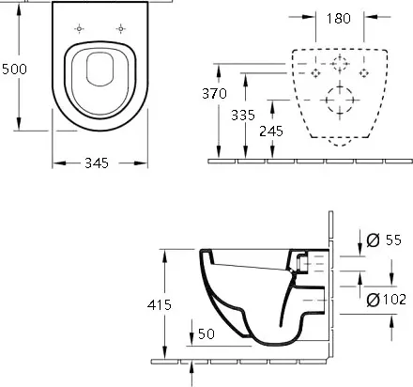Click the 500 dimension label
click(14, 69)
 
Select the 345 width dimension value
click(97, 163)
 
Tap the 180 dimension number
click(339, 19)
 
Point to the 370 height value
click(214, 93)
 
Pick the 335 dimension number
click(243, 115)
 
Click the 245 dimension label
click(271, 131)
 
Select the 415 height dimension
click(160, 304)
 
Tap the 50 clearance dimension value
click(206, 333)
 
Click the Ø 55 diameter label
click(384, 240)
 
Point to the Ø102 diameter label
click(387, 300)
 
